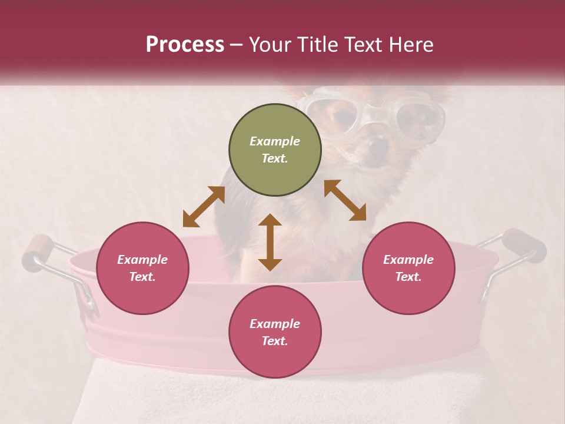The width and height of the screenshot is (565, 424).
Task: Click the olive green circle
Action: pos(275,150)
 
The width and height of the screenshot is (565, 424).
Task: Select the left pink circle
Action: pos(142,269)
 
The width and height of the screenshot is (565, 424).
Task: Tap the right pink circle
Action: pos(408,269)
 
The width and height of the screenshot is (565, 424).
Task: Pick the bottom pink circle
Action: pos(275,332)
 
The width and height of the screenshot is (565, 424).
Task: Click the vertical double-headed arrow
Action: pos(270,242)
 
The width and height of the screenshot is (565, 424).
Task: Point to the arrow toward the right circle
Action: pos(345,200)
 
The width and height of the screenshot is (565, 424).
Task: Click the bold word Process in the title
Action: pos(185,44)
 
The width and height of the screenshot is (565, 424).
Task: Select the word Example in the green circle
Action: pos(275,141)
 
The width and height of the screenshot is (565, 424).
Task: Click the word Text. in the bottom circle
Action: pos(275,341)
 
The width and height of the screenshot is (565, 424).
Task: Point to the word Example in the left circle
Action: pos(142,260)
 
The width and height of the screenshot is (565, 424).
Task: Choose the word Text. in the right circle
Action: pos(408,277)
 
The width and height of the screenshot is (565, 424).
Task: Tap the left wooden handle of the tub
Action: pos(39,251)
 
